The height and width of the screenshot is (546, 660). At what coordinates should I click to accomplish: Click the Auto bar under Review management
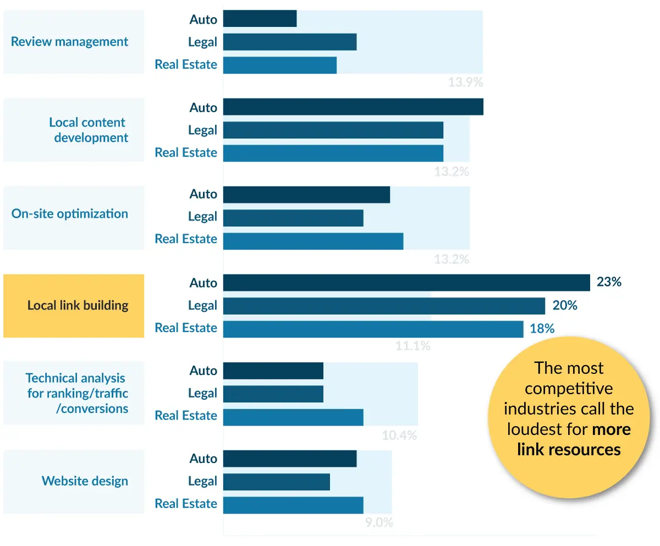(x=260, y=19)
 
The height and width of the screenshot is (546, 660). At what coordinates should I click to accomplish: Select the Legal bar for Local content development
(x=333, y=130)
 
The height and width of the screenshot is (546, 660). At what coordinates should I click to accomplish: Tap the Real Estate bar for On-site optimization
(x=313, y=241)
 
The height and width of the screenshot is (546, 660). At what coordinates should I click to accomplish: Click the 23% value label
(x=609, y=282)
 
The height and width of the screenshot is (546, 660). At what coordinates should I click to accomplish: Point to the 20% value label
(x=565, y=305)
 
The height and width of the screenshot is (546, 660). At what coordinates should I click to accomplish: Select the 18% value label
(x=542, y=328)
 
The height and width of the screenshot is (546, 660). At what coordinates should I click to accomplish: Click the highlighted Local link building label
(x=78, y=305)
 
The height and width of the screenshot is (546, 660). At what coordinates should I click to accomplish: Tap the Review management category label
(x=70, y=42)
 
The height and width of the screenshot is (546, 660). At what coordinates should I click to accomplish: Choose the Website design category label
(x=85, y=481)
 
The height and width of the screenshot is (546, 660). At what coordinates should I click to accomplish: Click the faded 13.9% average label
(x=465, y=83)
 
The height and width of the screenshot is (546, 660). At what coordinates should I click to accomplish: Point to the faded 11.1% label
(x=413, y=346)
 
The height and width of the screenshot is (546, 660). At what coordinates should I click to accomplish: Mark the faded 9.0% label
(x=379, y=523)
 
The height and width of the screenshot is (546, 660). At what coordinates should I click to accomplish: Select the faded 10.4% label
(x=399, y=435)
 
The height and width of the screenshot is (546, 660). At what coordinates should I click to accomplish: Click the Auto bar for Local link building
(x=406, y=283)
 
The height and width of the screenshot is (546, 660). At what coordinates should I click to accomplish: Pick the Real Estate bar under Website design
(x=293, y=505)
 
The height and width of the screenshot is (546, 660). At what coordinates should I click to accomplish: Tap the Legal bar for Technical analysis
(x=273, y=394)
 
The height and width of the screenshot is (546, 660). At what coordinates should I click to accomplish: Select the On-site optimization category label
(x=70, y=214)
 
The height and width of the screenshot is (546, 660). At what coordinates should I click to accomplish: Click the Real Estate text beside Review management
(x=186, y=64)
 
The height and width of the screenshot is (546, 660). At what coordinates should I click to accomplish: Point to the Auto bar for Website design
(x=290, y=459)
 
